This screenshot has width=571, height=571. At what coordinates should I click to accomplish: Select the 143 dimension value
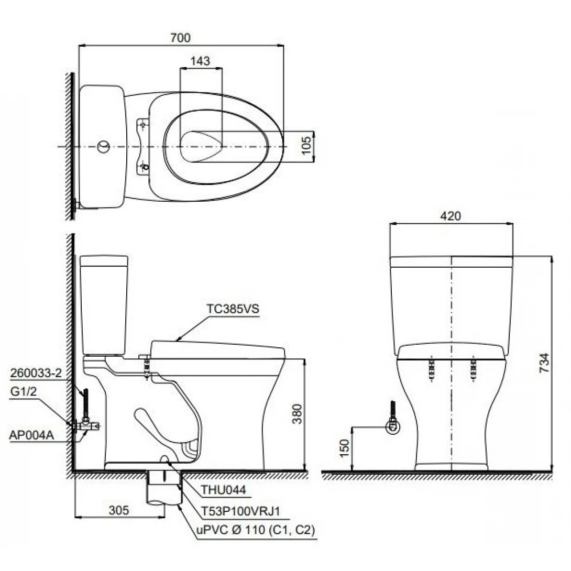(x=200, y=61)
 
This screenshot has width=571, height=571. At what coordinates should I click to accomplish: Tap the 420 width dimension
(x=451, y=216)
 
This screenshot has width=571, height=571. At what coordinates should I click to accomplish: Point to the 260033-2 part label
(x=36, y=374)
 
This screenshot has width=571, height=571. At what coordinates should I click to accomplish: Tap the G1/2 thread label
(x=24, y=391)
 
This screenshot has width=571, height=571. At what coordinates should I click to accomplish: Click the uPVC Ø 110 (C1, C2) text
(x=255, y=530)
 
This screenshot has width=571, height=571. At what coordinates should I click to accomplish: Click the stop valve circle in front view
(x=391, y=427)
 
